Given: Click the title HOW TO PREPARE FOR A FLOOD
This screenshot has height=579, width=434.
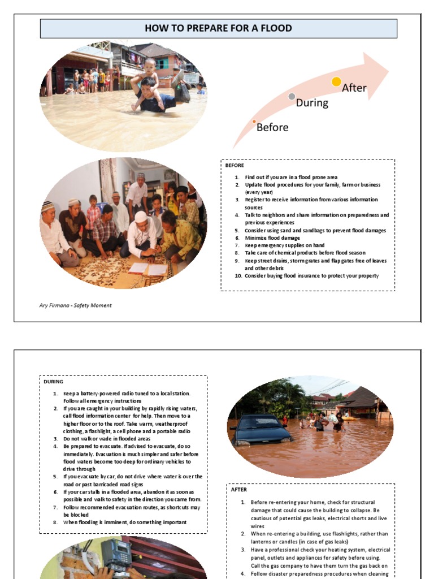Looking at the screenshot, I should [x=218, y=28].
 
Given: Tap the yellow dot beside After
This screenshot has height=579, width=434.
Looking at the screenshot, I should [x=336, y=82].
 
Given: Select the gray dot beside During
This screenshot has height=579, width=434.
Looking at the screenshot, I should [x=292, y=97].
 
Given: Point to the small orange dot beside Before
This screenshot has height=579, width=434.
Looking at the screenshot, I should [x=254, y=122].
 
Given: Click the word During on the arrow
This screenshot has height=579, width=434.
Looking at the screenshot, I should [x=312, y=102].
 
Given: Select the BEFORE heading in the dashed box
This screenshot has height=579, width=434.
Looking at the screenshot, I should [x=235, y=166].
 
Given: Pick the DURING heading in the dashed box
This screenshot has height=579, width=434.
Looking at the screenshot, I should [x=54, y=382].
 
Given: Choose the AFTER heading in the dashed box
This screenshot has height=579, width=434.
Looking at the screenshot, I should [x=239, y=490].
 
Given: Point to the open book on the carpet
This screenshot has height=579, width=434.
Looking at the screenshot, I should [x=147, y=269].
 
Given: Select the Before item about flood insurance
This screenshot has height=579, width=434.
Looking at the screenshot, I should [x=311, y=276].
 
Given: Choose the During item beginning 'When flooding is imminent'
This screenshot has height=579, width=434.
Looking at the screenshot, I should [x=124, y=522].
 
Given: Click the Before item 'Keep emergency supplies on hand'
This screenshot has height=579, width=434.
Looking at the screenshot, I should [x=284, y=245].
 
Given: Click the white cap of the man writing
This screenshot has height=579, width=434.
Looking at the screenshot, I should [x=141, y=216].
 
